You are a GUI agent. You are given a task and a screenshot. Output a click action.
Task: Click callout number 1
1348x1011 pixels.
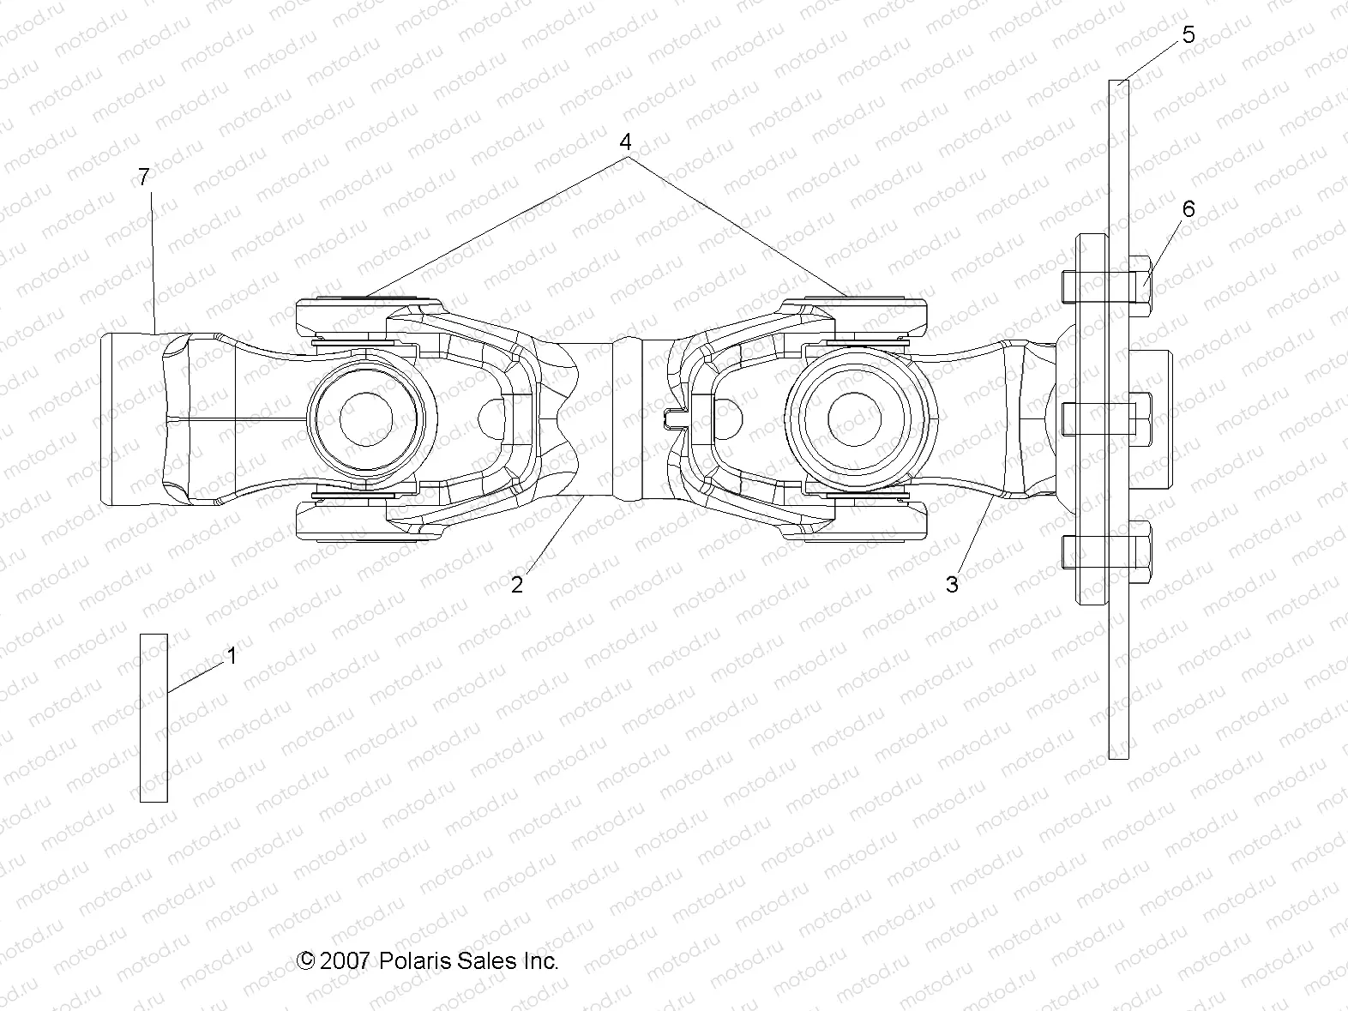pos(232,657)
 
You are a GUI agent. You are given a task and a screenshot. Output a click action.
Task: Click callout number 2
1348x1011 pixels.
pos(517,585)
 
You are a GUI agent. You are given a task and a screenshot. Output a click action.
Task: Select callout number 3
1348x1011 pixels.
pos(952,585)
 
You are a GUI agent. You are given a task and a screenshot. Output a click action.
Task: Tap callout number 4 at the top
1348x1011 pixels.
pos(626,141)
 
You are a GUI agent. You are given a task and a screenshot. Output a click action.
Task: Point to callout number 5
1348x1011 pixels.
pos(1188,35)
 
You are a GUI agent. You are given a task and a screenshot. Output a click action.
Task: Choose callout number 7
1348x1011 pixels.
pos(143,178)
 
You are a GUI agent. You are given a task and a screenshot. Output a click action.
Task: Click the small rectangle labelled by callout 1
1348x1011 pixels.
pos(153,718)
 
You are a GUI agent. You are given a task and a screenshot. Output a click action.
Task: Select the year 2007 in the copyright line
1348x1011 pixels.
pos(344,961)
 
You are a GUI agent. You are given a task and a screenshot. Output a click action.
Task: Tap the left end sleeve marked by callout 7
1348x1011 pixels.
pos(129,418)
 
